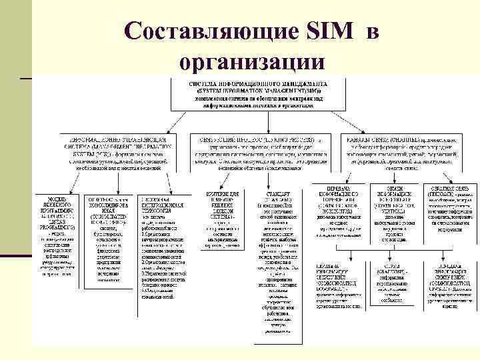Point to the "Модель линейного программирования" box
click(59, 231)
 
